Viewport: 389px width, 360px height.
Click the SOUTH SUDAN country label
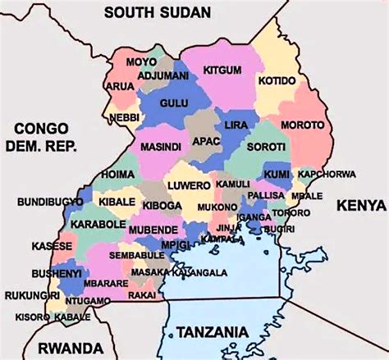tap(158, 11)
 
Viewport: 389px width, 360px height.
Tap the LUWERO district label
tap(188, 186)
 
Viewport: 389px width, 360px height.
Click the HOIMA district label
tap(118, 175)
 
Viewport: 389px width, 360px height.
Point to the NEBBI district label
tap(126, 118)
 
